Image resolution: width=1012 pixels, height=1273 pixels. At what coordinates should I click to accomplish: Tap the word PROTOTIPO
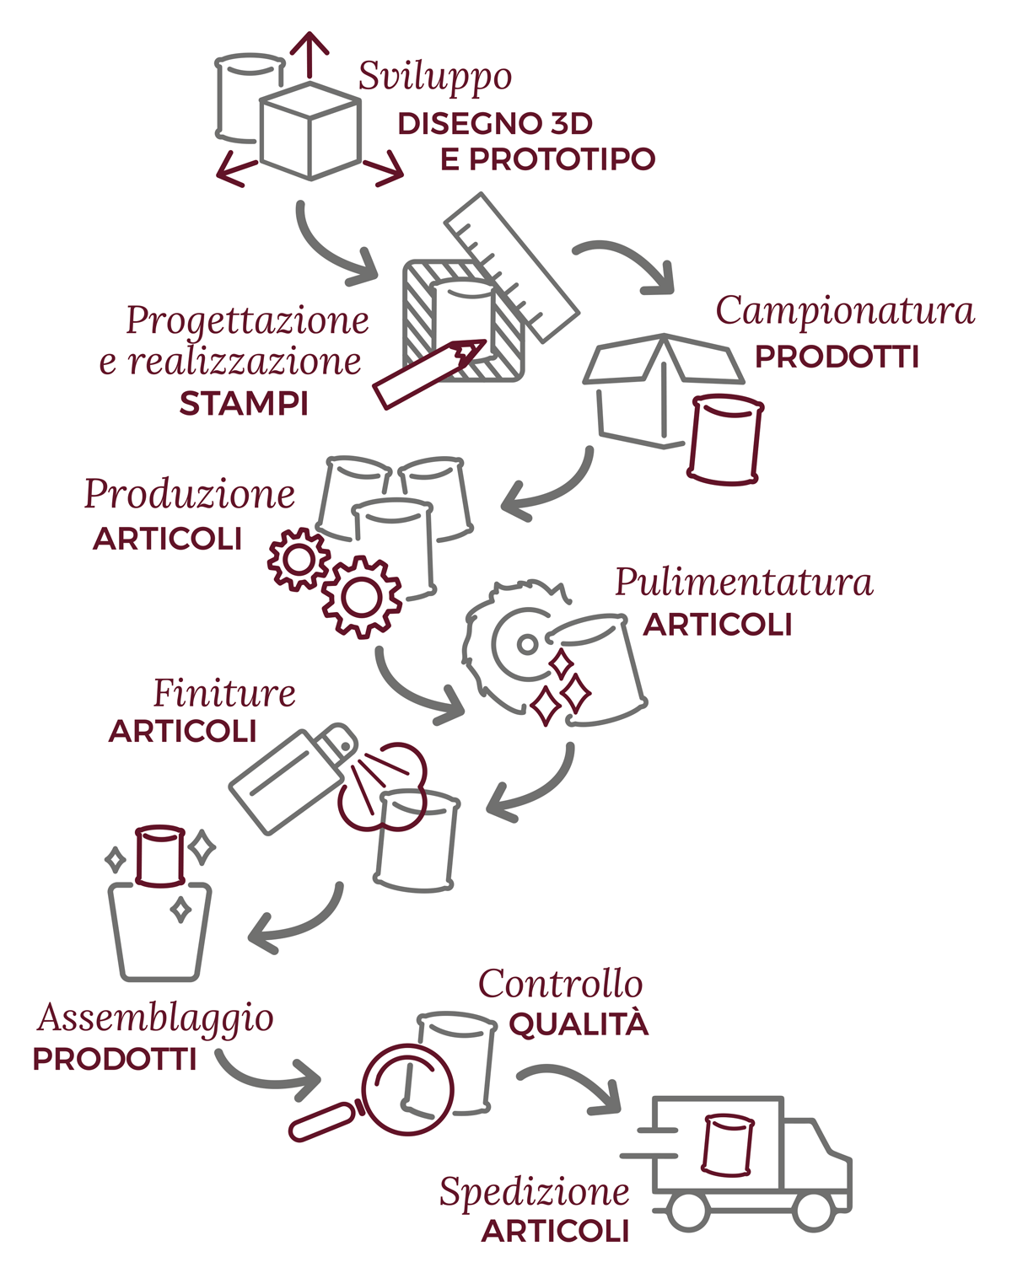click(562, 159)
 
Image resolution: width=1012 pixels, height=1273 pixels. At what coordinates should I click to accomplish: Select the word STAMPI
click(244, 405)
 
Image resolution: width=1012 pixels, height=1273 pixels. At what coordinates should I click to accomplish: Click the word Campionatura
click(845, 310)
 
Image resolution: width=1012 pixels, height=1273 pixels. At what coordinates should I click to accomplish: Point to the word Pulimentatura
click(744, 582)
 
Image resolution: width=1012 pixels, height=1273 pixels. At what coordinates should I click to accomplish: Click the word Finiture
click(224, 693)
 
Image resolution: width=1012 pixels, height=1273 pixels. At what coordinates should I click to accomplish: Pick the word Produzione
click(190, 493)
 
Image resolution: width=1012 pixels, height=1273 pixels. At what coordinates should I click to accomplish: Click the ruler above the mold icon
click(512, 267)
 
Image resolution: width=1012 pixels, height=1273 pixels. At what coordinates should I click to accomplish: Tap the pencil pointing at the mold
click(429, 373)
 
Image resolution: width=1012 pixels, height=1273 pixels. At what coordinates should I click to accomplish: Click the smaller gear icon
click(299, 560)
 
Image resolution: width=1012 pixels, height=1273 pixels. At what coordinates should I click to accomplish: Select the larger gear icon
click(361, 597)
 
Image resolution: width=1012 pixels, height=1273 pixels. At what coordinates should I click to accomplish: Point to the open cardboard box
click(663, 391)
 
